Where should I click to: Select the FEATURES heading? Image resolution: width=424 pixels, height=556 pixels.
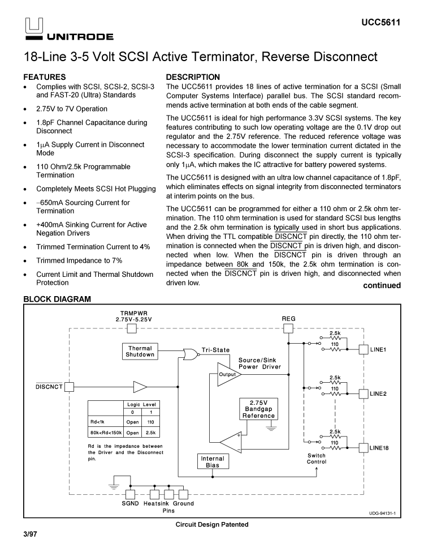[45, 77]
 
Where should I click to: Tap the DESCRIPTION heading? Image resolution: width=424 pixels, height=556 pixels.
[193, 77]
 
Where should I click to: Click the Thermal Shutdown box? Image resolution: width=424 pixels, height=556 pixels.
[140, 352]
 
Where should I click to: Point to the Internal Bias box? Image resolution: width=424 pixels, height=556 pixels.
[213, 461]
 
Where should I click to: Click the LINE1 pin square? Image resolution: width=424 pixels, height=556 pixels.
[364, 350]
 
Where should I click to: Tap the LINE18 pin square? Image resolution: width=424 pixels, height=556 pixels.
[364, 448]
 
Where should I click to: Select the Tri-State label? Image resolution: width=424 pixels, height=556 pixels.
[215, 350]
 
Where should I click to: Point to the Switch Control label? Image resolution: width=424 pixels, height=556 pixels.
[317, 458]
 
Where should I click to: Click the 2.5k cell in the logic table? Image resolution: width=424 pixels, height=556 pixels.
[150, 433]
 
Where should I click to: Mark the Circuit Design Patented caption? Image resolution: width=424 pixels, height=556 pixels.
[212, 524]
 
